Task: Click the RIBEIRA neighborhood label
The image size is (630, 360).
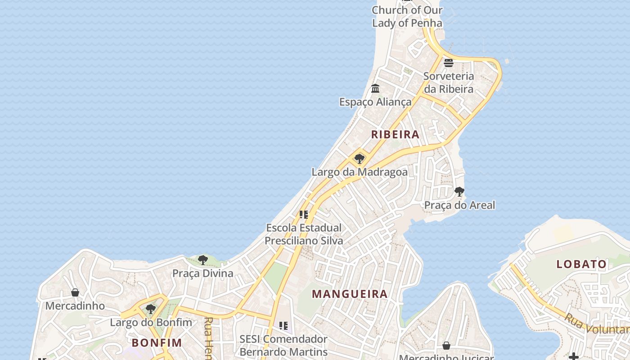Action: (395, 134)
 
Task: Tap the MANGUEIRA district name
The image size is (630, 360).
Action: (350, 294)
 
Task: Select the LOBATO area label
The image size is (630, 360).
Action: (581, 264)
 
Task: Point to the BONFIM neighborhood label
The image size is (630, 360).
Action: (157, 342)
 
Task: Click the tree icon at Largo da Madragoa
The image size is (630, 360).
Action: (359, 158)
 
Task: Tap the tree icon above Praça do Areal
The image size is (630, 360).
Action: (459, 192)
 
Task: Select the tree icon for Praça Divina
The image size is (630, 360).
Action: (203, 260)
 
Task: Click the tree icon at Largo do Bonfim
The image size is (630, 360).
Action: (151, 309)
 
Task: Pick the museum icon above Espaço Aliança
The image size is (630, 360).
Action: (375, 88)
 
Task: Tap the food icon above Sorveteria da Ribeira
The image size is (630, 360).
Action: (449, 63)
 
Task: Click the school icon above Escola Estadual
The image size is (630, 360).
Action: (304, 214)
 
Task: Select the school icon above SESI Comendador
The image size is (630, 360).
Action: (283, 325)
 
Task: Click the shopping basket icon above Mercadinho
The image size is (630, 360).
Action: (75, 292)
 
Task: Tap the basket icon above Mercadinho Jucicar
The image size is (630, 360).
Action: (446, 346)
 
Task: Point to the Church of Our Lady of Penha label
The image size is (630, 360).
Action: (407, 16)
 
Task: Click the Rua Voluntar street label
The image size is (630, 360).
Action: (596, 324)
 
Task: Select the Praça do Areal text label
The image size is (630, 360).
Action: (459, 205)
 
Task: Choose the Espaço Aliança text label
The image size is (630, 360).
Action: (375, 102)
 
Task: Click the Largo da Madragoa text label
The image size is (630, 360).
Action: (360, 172)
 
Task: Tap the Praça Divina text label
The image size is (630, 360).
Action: (203, 273)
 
